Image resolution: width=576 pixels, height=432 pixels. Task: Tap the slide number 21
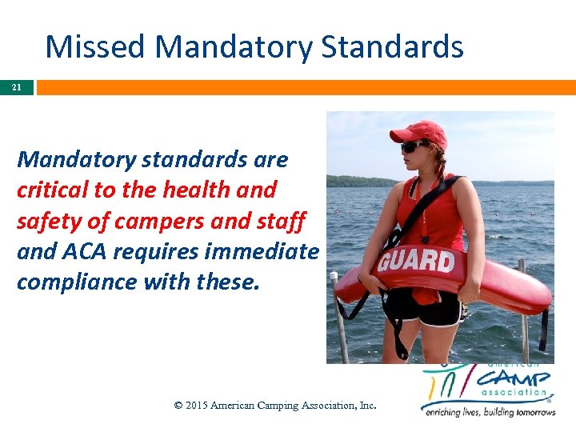point(17,86)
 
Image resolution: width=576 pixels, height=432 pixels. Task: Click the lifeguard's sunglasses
point(415,146)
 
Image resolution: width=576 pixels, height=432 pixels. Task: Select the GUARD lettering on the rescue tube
point(416,262)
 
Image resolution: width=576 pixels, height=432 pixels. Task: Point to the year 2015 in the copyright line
point(197,406)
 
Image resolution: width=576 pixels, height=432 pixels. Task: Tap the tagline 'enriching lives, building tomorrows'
point(488,412)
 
